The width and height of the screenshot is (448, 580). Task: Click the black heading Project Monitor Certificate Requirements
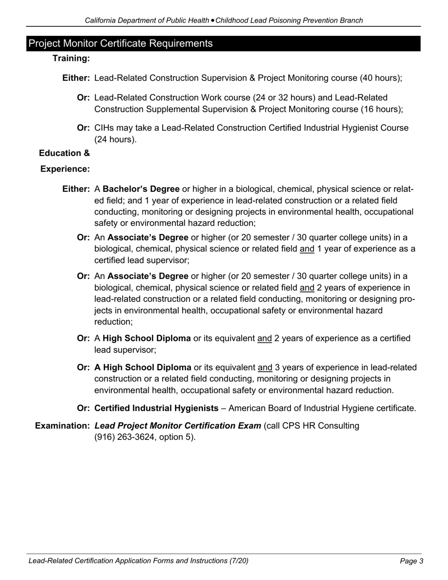click(x=121, y=43)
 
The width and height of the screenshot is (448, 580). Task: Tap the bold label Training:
click(x=71, y=58)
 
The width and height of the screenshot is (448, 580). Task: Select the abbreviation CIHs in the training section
click(x=104, y=128)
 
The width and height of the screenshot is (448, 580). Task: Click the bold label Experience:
click(x=65, y=169)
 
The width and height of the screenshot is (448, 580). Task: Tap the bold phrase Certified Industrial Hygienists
click(x=157, y=408)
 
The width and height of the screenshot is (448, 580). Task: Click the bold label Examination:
click(x=63, y=426)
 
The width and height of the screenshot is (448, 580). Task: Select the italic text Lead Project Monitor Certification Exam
click(x=178, y=426)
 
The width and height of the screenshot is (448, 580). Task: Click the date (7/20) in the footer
click(x=239, y=561)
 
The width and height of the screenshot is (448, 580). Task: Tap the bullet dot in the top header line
click(x=213, y=21)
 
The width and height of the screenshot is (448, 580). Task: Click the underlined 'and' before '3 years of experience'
click(x=265, y=368)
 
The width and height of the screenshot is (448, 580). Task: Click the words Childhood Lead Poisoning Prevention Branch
click(x=289, y=21)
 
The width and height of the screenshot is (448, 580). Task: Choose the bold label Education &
click(x=65, y=153)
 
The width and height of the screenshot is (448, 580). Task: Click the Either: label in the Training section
click(x=76, y=78)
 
